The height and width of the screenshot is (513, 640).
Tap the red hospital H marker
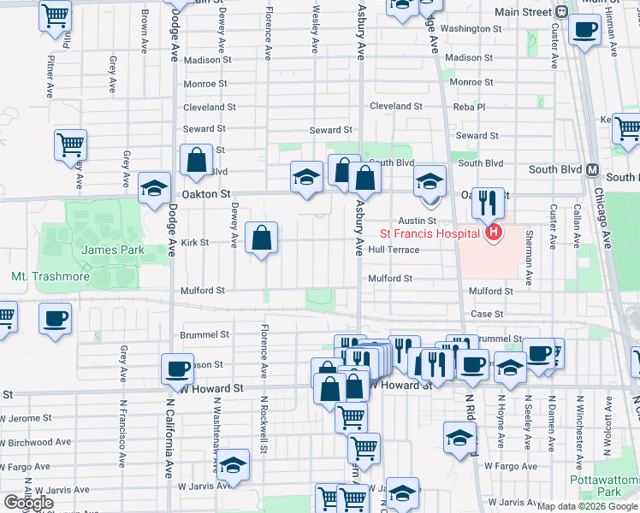pyautogui.click(x=493, y=232)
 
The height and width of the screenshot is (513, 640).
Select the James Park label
pyautogui.click(x=113, y=250)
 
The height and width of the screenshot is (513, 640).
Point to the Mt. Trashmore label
pyautogui.click(x=46, y=277)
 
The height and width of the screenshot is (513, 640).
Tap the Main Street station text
pyautogui.click(x=524, y=12)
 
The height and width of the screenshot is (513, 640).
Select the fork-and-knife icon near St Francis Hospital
pyautogui.click(x=488, y=202)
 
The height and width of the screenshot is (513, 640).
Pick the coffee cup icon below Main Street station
pyautogui.click(x=585, y=30)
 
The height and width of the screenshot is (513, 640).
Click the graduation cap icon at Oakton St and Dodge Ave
pyautogui.click(x=154, y=188)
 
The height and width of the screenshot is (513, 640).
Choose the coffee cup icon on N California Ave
pyautogui.click(x=178, y=369)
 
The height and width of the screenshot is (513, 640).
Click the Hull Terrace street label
pyautogui.click(x=394, y=250)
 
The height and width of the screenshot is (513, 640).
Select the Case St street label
pyautogui.click(x=487, y=314)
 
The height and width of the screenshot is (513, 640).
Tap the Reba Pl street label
pyautogui.click(x=469, y=107)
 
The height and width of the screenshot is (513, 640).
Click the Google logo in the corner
pyautogui.click(x=29, y=503)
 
